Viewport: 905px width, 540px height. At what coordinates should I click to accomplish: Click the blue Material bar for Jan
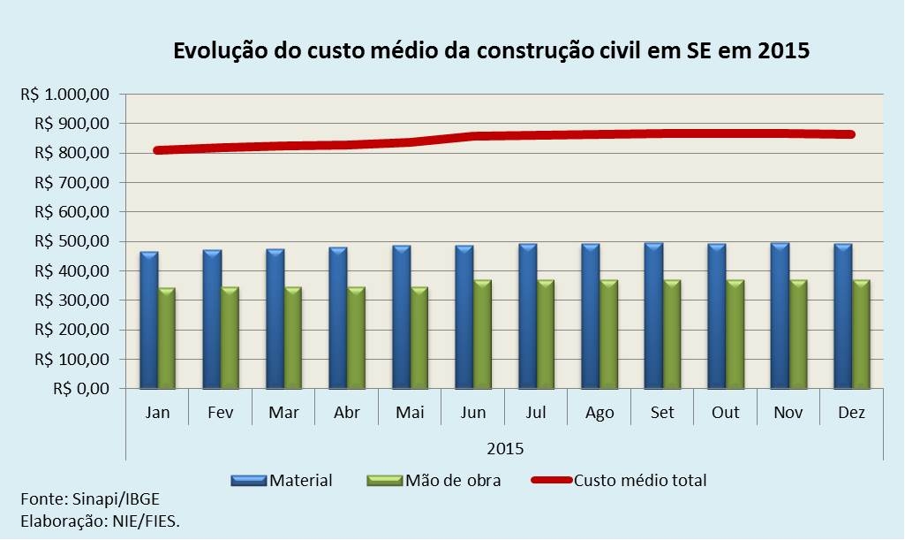pyautogui.click(x=148, y=321)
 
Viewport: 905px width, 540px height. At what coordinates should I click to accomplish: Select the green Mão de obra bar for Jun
pyautogui.click(x=482, y=335)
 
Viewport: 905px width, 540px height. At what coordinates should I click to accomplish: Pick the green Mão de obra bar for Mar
pyautogui.click(x=292, y=338)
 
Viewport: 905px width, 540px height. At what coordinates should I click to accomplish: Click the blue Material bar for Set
pyautogui.click(x=652, y=316)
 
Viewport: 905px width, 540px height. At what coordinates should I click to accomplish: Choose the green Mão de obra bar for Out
pyautogui.click(x=734, y=335)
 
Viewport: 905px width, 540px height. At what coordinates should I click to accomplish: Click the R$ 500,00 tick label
pyautogui.click(x=72, y=241)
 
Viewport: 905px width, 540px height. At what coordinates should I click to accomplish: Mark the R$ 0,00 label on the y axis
pyautogui.click(x=80, y=389)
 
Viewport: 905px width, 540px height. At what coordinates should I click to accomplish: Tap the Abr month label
pyautogui.click(x=346, y=414)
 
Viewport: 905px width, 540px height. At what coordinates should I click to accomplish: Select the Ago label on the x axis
pyautogui.click(x=599, y=414)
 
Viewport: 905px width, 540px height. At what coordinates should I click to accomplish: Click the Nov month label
pyautogui.click(x=788, y=414)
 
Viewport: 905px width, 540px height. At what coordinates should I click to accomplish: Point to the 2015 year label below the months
pyautogui.click(x=504, y=448)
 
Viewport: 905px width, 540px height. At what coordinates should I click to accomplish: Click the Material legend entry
pyautogui.click(x=300, y=481)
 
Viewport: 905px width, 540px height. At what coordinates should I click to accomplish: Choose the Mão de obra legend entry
pyautogui.click(x=453, y=481)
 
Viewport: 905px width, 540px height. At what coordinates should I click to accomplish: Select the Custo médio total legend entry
pyautogui.click(x=640, y=481)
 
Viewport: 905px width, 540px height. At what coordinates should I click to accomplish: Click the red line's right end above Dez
pyautogui.click(x=850, y=134)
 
